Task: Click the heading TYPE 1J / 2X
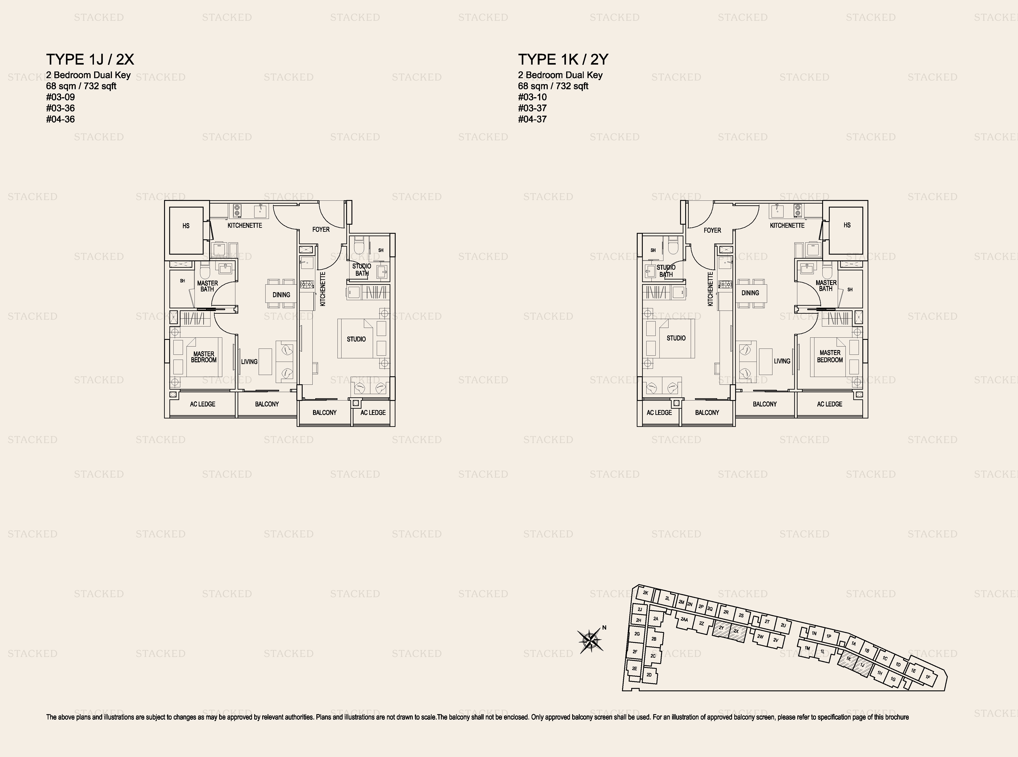pos(90,59)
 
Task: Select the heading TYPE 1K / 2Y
pos(563,59)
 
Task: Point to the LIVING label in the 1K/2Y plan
pos(782,361)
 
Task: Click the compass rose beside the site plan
pos(590,640)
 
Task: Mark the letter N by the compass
pos(604,628)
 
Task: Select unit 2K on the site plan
pos(645,593)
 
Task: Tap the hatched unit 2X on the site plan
pos(736,631)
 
